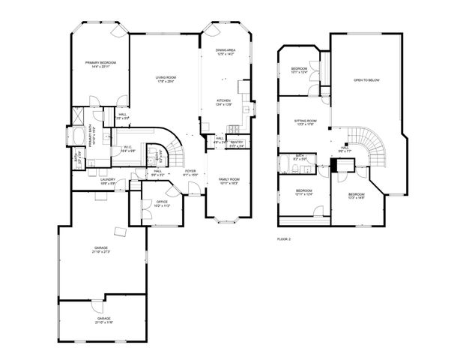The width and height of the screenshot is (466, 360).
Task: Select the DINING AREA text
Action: (226, 52)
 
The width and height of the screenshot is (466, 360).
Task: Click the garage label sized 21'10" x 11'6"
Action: (103, 320)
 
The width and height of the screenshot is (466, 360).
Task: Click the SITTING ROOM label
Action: (305, 122)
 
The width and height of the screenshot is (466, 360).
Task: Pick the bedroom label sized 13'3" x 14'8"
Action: (357, 196)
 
